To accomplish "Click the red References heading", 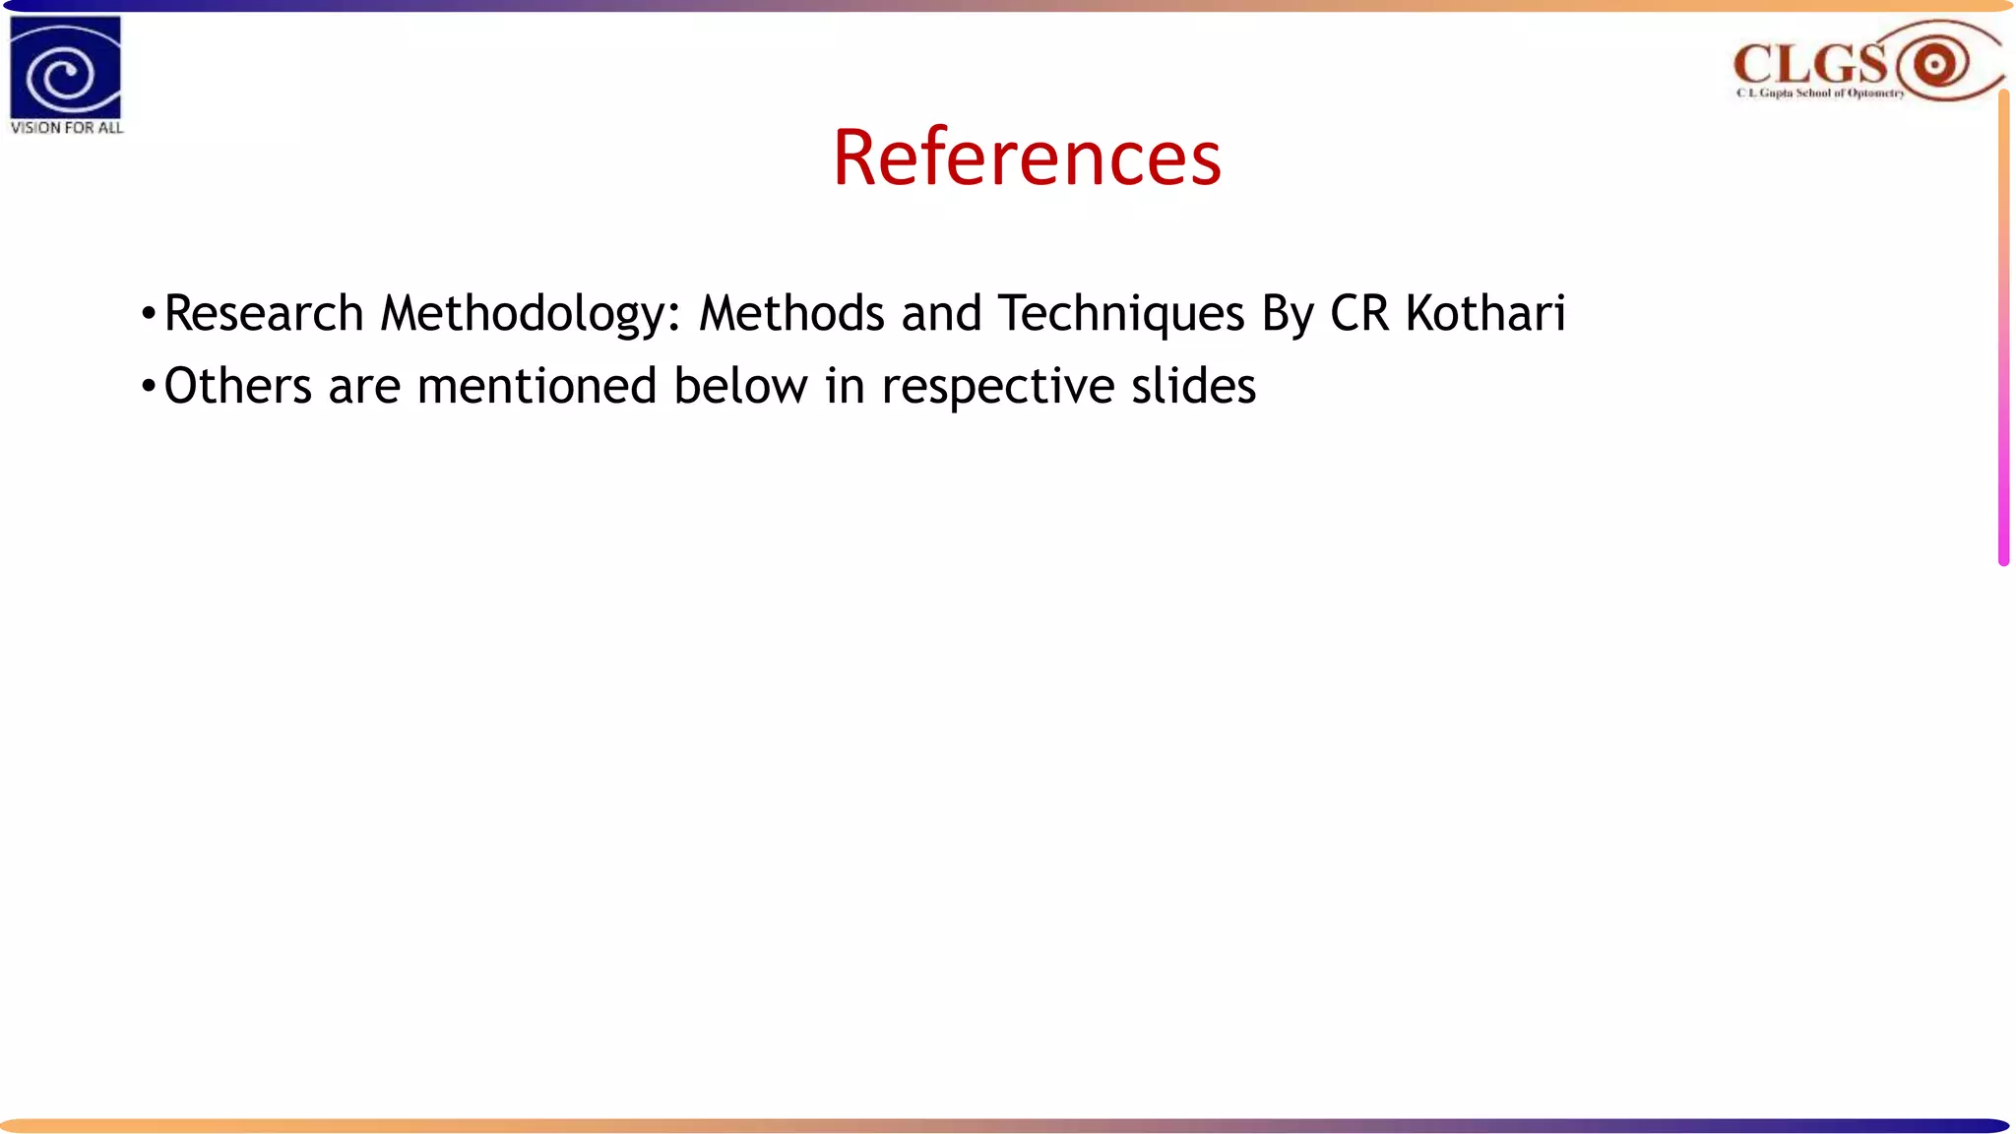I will tap(1027, 157).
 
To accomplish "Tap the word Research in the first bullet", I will tap(264, 314).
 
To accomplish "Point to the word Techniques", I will tap(1121, 314).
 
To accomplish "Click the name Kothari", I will tap(1485, 314).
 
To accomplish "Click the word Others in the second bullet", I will tap(237, 386).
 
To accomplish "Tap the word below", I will tap(740, 386).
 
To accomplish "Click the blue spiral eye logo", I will tap(65, 68).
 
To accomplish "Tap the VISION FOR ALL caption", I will tap(67, 128).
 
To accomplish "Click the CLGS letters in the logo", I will tap(1809, 65).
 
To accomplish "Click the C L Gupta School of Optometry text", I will tap(1820, 94).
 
